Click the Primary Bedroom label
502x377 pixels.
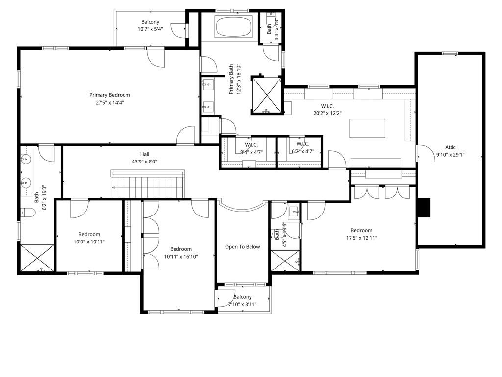point(110,95)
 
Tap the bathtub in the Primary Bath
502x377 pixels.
point(234,26)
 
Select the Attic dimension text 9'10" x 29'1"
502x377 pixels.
point(450,155)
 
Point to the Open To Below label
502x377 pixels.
point(242,247)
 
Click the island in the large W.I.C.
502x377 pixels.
point(367,129)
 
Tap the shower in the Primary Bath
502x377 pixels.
point(266,95)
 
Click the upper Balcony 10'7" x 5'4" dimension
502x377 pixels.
point(150,29)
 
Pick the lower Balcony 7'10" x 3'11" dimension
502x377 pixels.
point(242,304)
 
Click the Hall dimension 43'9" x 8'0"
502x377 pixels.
point(144,162)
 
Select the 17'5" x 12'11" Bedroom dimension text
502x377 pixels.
point(361,238)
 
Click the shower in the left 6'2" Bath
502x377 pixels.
point(36,258)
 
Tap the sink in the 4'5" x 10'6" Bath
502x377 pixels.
point(295,212)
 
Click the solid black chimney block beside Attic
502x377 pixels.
point(423,208)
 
